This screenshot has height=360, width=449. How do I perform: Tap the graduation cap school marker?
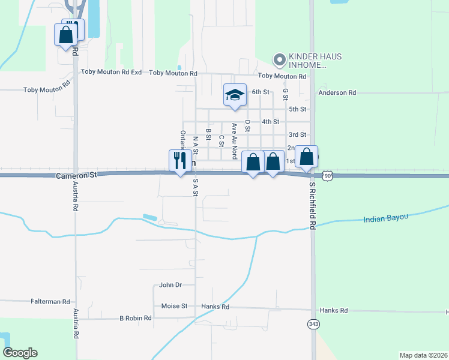coord(235,95)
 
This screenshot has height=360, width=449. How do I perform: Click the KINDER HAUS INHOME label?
coord(306,61)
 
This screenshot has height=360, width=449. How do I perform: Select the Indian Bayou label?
coord(385,218)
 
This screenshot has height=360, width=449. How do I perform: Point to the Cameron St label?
coord(76,176)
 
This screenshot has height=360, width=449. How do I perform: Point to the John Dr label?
coord(170,285)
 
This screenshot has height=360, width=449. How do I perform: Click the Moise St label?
coord(175,306)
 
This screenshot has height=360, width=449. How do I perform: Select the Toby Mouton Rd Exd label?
coord(111,72)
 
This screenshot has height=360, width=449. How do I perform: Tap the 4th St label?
coord(271,121)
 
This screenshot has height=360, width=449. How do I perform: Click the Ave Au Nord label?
coord(235,140)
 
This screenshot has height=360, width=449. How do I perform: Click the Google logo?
coord(20,353)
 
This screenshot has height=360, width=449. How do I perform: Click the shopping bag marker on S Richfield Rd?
coord(306,157)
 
